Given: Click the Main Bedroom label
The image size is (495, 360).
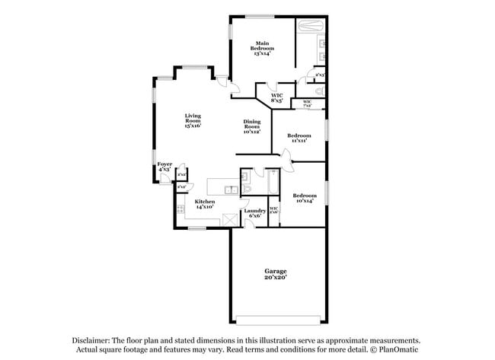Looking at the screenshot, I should pyautogui.click(x=263, y=49).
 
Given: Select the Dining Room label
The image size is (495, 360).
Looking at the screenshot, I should pyautogui.click(x=252, y=126).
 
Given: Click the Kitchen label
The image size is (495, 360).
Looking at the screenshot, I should pyautogui.click(x=194, y=203).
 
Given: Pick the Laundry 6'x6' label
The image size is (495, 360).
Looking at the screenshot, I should pyautogui.click(x=254, y=212).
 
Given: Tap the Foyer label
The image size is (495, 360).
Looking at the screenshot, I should pyautogui.click(x=164, y=167).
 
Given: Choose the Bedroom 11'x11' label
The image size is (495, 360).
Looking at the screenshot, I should pyautogui.click(x=298, y=138).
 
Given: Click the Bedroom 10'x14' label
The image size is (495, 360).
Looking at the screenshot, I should pyautogui.click(x=305, y=197).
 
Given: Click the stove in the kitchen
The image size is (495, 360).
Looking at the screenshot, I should pyautogui.click(x=180, y=210).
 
